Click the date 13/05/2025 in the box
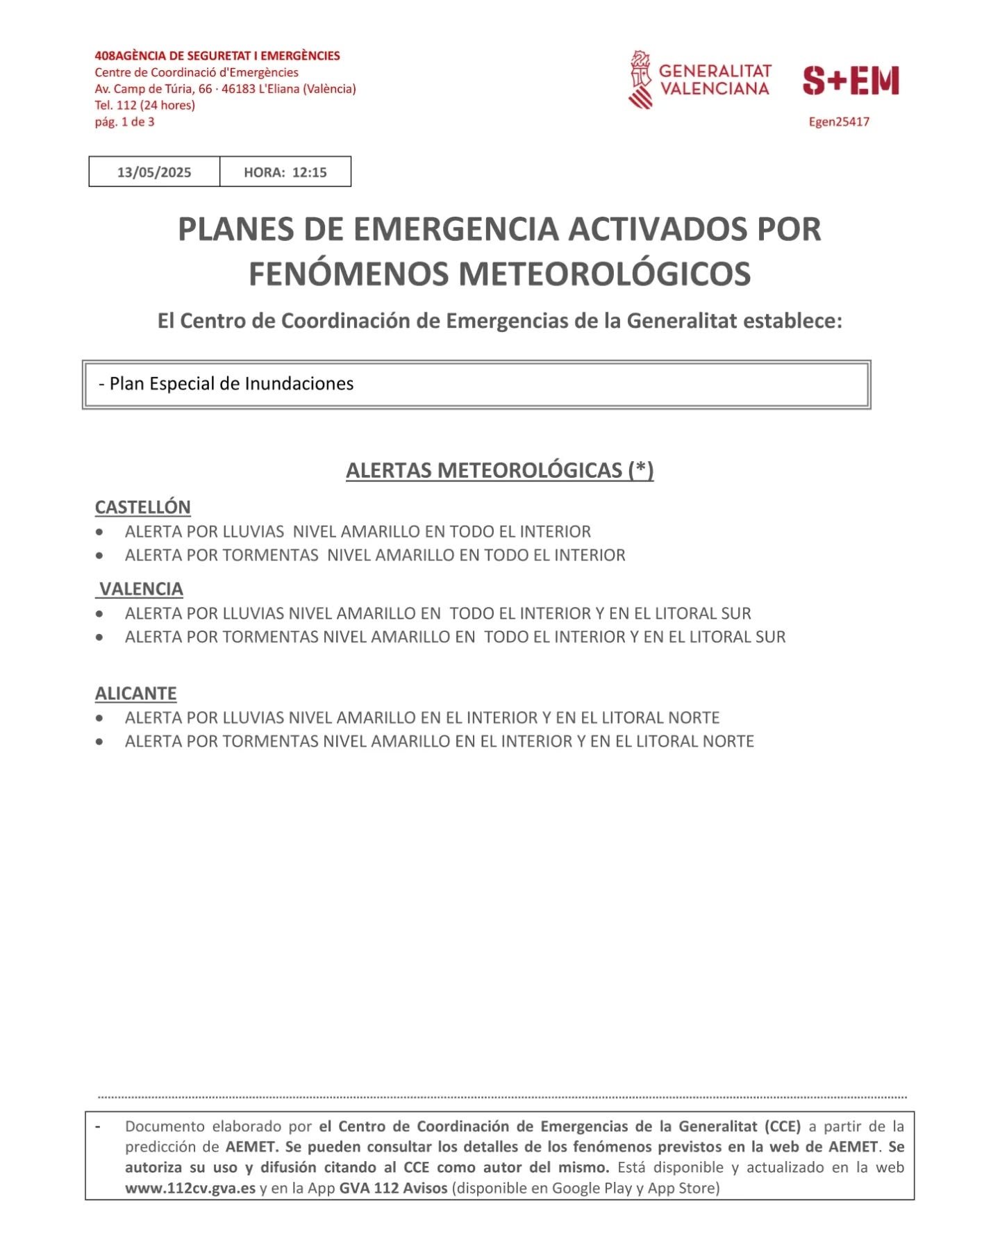coord(153,172)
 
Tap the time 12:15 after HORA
coord(309,172)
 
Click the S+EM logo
coord(851,81)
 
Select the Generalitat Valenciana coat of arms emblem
coord(640,80)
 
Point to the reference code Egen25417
coord(838,122)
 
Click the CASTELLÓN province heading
coord(142,507)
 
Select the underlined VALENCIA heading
coord(141,589)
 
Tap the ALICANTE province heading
coord(135,693)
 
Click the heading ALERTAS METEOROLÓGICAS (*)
coord(499,470)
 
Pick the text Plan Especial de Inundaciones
coord(231,383)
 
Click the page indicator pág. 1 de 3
coord(124,122)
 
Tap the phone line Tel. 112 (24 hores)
coord(144,105)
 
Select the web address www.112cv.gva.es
coord(190,1187)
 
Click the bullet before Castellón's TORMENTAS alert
coord(100,555)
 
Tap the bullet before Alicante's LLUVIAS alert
coord(100,717)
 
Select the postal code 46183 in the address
coord(238,89)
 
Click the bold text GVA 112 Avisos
coord(393,1187)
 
